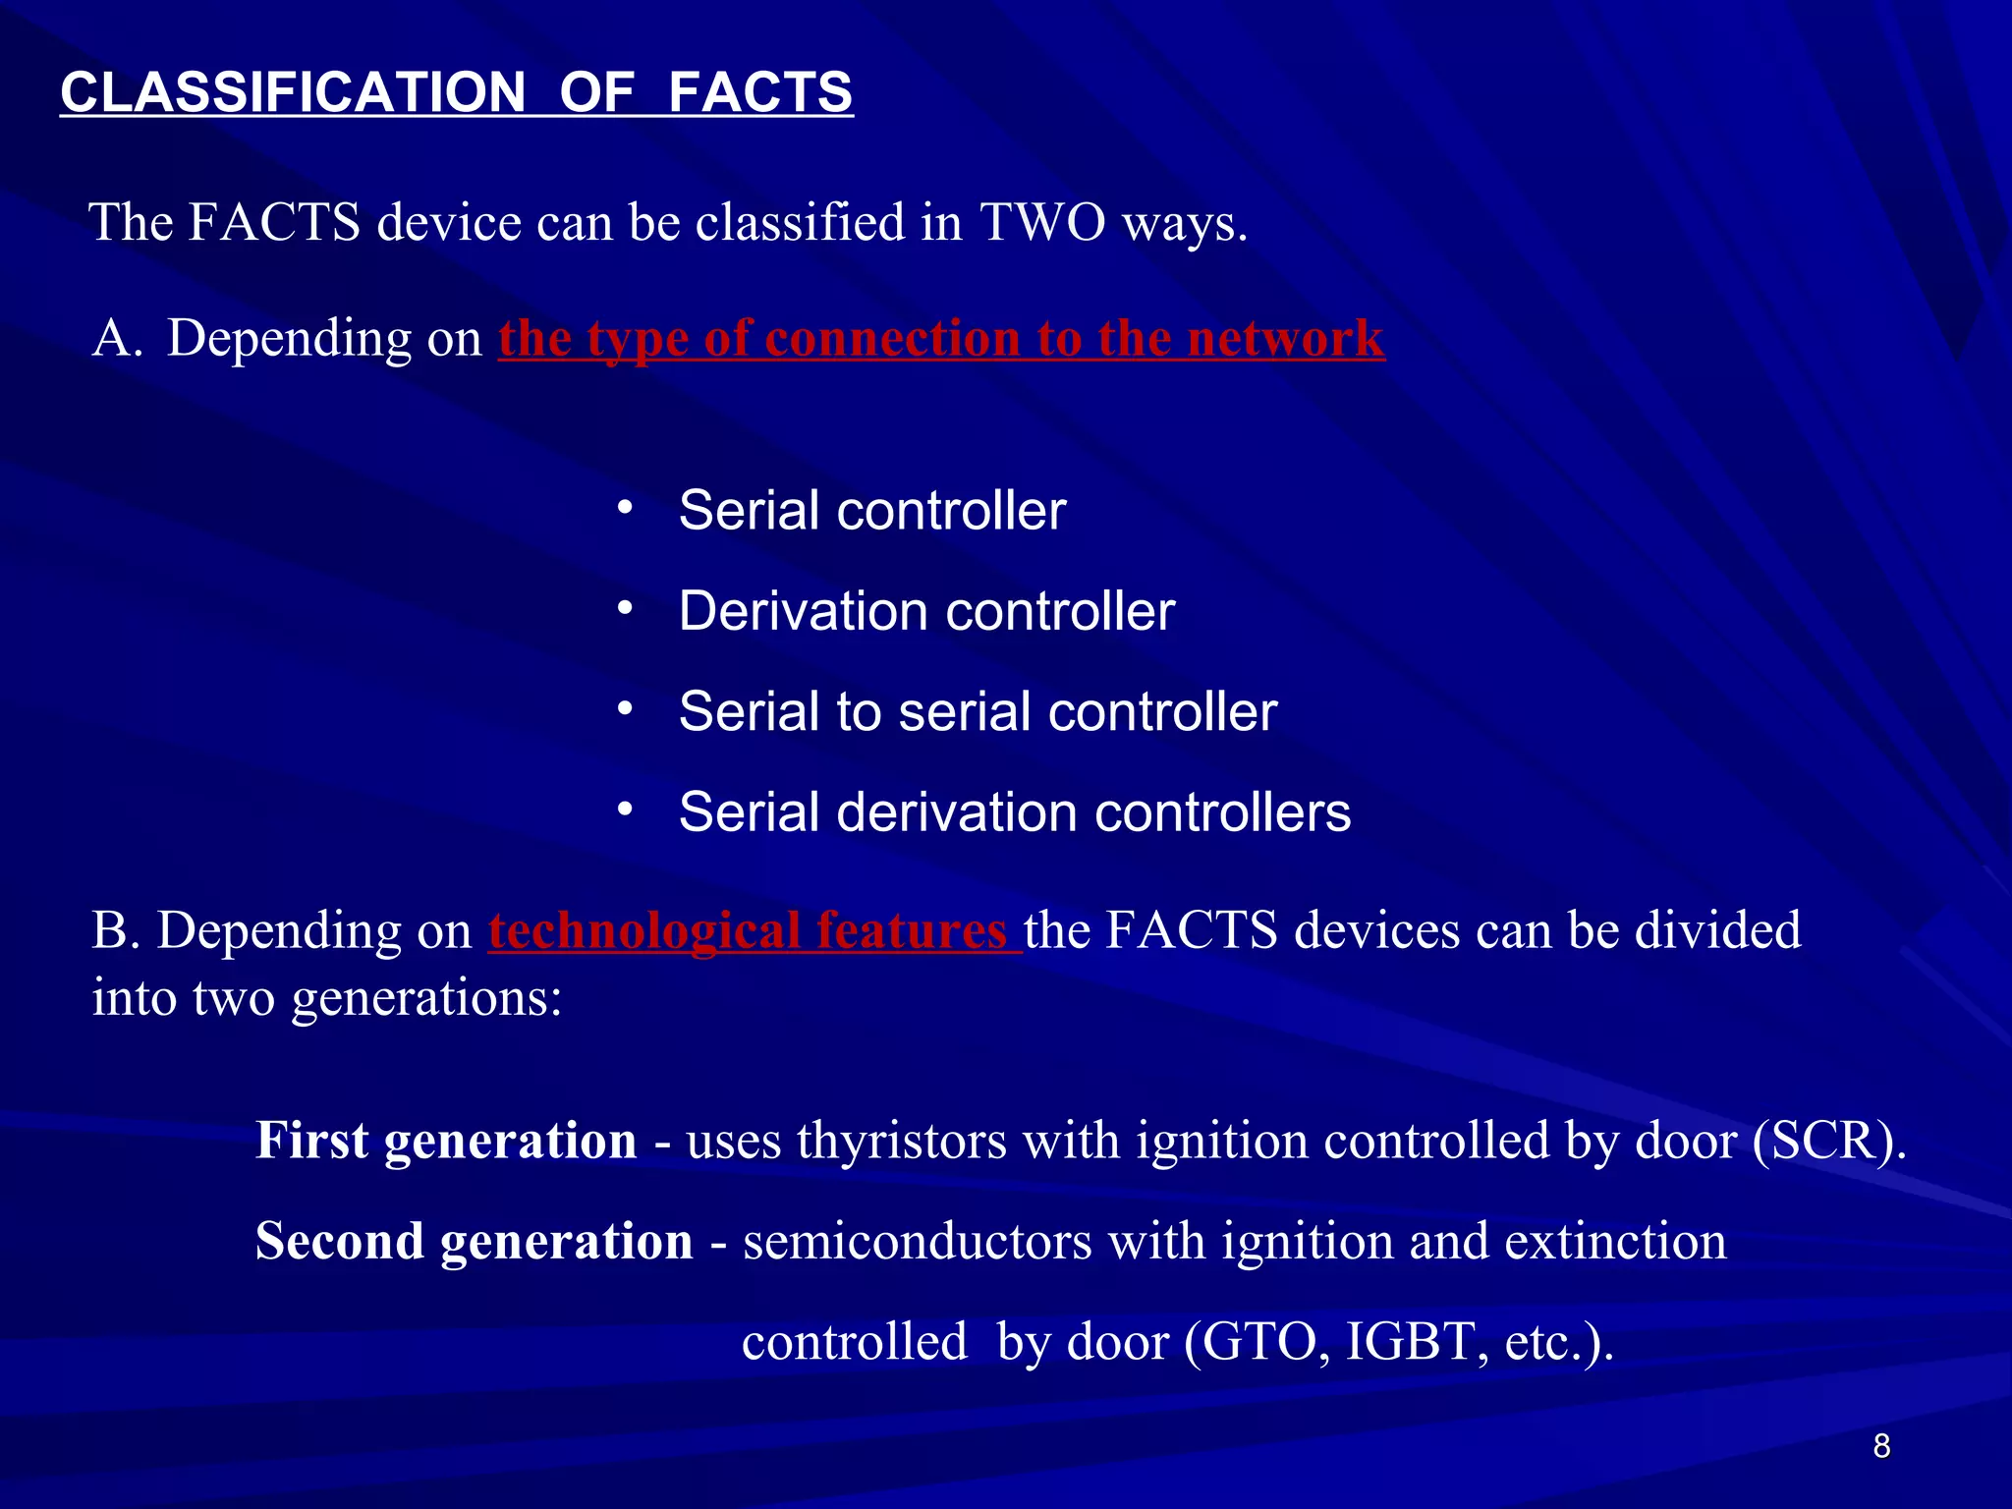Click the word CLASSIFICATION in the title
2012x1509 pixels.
293,92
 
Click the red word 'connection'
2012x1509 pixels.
892,338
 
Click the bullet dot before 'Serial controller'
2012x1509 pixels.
625,509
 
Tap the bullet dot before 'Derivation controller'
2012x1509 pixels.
625,609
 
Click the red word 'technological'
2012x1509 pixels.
644,929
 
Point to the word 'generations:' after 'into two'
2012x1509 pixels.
426,998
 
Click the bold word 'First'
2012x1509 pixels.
312,1141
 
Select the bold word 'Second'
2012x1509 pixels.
339,1241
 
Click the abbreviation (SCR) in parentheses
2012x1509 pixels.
1828,1141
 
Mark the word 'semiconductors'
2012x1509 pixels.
918,1241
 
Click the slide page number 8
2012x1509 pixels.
1881,1446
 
